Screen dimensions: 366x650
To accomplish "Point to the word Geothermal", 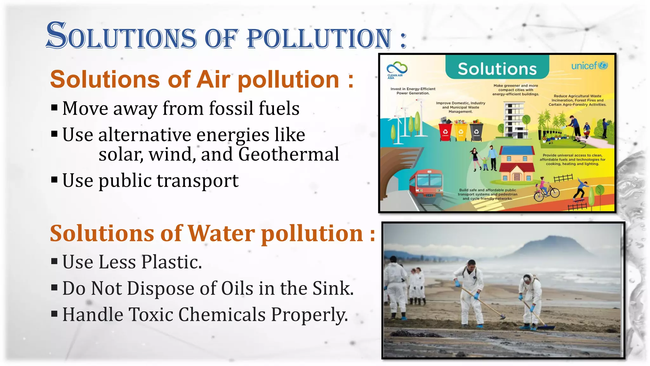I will pyautogui.click(x=289, y=154).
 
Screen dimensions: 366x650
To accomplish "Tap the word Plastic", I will pyautogui.click(x=172, y=262).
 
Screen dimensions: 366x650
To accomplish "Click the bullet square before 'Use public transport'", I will pyautogui.click(x=54, y=180).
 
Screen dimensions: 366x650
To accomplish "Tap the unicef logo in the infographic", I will pyautogui.click(x=589, y=66).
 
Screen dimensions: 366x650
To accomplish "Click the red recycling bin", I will pyautogui.click(x=445, y=131).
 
